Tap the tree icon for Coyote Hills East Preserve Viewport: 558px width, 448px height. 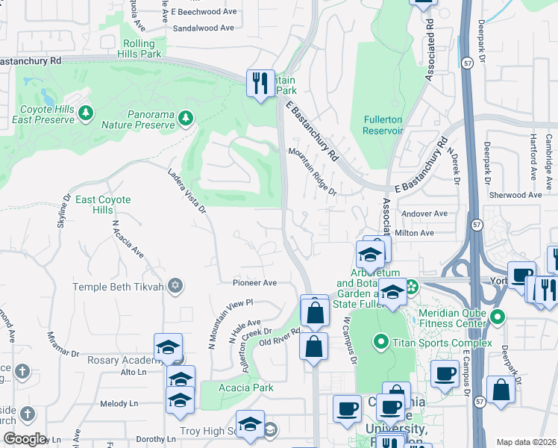point(87,113)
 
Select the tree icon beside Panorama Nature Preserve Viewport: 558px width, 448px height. point(185,118)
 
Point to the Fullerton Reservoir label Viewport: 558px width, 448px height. point(383,125)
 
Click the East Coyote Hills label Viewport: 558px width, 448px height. point(103,205)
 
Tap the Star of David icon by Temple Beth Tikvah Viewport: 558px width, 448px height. point(175,286)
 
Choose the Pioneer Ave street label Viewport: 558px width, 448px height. point(254,283)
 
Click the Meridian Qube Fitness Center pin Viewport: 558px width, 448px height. point(498,318)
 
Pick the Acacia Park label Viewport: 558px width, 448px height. point(246,388)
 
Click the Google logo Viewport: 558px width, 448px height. point(25,439)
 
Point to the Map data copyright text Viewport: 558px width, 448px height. point(526,442)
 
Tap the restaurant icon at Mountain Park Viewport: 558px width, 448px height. point(260,83)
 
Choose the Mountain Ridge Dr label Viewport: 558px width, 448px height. point(313,171)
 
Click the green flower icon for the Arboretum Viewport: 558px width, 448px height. point(411,287)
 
